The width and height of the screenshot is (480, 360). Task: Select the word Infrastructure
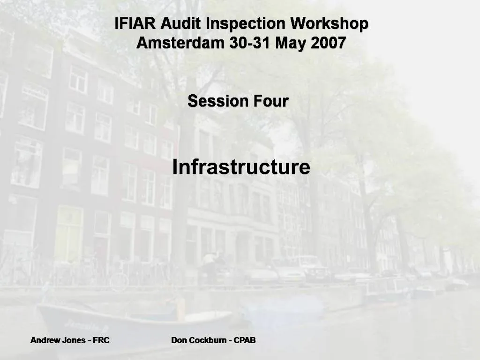point(241,167)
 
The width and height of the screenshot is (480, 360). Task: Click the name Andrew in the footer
point(45,340)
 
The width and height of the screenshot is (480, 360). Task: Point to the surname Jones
point(74,340)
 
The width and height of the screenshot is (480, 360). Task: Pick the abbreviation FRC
point(101,340)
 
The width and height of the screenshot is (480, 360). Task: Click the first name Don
point(179,340)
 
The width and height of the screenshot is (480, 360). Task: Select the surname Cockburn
point(208,340)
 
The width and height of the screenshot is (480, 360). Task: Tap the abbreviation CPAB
point(245,340)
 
